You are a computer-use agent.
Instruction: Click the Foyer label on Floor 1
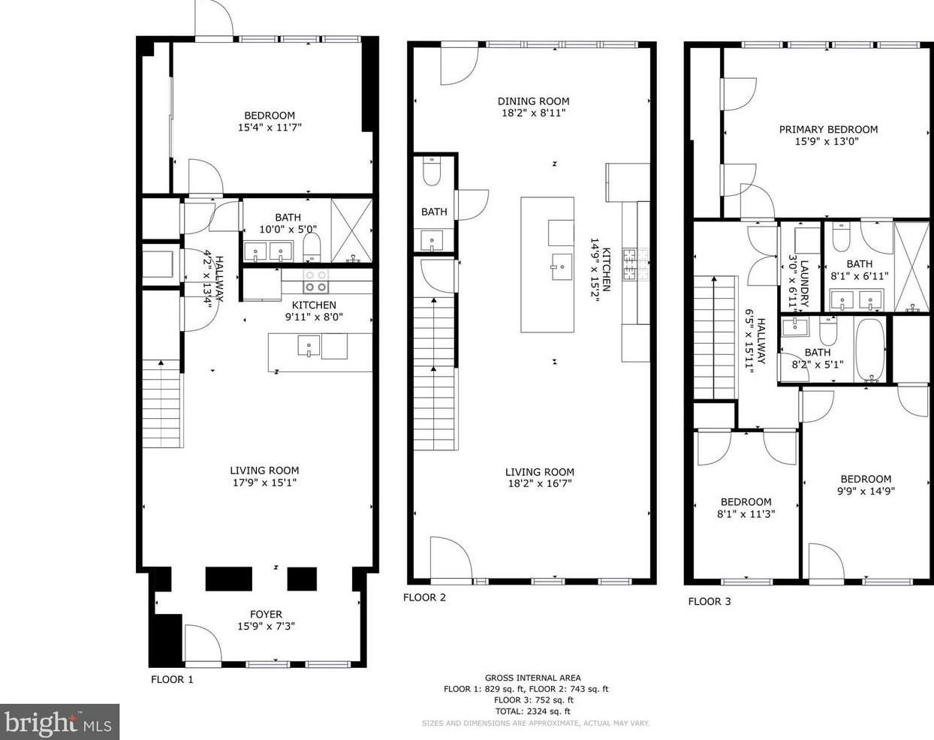(x=266, y=614)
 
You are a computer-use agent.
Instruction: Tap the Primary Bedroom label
(x=828, y=129)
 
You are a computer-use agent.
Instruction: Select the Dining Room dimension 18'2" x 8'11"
(x=533, y=113)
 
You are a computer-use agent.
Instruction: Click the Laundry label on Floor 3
(x=804, y=284)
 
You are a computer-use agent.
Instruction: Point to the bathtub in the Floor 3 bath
(x=870, y=350)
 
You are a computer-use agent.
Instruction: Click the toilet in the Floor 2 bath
(x=432, y=171)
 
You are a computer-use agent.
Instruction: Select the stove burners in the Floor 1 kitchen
(x=315, y=281)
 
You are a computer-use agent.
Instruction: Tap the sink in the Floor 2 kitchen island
(x=561, y=267)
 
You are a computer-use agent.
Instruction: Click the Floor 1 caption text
(x=172, y=679)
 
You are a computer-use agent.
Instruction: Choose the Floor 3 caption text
(x=710, y=601)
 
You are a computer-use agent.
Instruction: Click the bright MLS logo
(x=59, y=722)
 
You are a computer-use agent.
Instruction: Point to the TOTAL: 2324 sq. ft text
(x=533, y=711)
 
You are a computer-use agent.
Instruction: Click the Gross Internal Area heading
(x=532, y=678)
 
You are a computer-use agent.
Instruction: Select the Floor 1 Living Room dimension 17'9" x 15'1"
(x=265, y=482)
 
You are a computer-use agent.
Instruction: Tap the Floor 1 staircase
(x=162, y=404)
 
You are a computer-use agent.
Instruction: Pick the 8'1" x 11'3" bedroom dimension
(x=746, y=514)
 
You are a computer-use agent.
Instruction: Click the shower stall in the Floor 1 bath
(x=351, y=230)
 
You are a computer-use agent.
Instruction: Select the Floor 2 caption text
(x=424, y=597)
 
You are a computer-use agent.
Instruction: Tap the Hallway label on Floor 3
(x=761, y=341)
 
